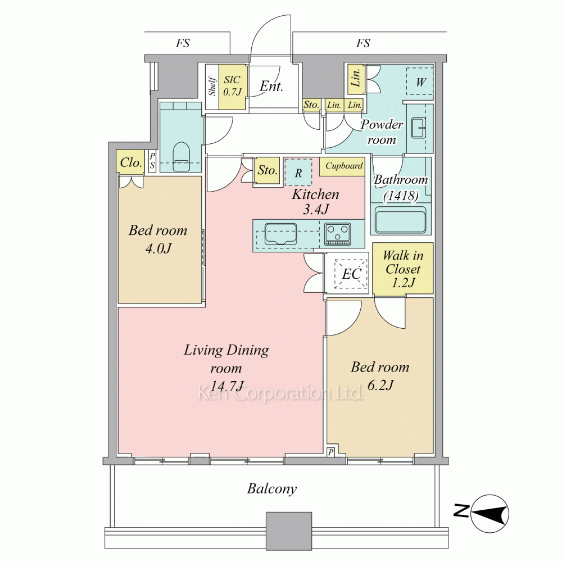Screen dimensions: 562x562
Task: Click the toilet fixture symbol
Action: [181, 157]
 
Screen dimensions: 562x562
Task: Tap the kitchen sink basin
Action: [280, 234]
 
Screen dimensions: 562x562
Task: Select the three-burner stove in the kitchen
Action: [337, 234]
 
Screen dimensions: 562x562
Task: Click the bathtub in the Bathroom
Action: [400, 219]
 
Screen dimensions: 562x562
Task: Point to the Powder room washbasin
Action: [418, 127]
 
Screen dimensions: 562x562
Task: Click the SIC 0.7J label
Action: [232, 86]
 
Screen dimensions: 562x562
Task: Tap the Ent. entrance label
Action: [271, 86]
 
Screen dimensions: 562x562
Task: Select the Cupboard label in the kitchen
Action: [344, 166]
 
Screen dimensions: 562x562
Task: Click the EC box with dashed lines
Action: [351, 274]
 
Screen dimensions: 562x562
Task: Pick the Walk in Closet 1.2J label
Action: [403, 269]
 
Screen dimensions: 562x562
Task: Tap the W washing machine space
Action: [420, 81]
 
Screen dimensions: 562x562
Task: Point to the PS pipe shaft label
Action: [152, 161]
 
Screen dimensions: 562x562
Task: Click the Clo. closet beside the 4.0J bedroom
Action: [130, 163]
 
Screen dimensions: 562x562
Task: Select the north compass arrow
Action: [490, 514]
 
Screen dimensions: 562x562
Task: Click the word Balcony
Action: [272, 489]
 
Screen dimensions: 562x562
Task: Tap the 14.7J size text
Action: [226, 386]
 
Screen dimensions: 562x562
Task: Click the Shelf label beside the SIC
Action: [212, 86]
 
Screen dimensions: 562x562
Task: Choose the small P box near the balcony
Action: [330, 452]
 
